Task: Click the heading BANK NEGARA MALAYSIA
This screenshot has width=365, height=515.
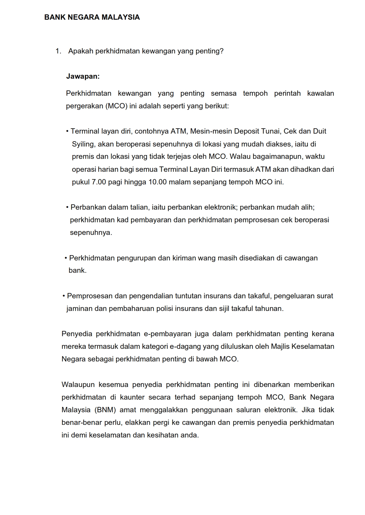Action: click(92, 17)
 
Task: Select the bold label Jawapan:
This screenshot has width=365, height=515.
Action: click(83, 76)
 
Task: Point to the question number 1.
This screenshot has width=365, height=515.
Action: click(58, 51)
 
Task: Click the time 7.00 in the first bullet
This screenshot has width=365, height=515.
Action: click(99, 182)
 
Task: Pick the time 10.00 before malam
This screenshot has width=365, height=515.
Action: click(157, 182)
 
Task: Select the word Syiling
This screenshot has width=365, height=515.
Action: click(83, 144)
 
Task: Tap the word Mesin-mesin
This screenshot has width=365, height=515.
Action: click(211, 131)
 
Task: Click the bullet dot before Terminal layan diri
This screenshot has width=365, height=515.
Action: click(67, 132)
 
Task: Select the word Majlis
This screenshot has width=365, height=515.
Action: click(280, 346)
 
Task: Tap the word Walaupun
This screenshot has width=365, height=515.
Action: click(78, 385)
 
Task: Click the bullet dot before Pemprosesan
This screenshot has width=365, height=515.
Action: click(64, 296)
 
